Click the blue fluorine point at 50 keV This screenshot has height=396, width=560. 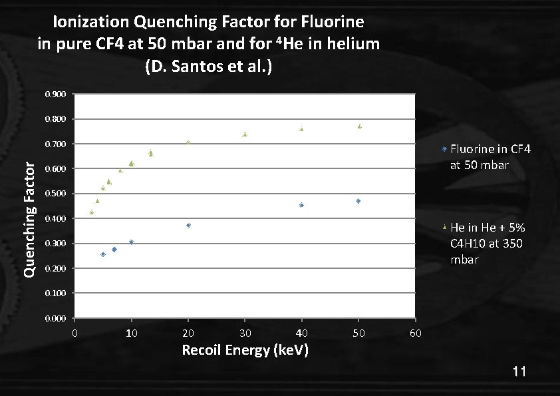coord(358,201)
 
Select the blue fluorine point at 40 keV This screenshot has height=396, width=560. coord(301,206)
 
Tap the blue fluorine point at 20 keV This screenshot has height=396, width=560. coord(188,226)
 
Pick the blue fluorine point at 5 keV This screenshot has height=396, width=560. coord(103,254)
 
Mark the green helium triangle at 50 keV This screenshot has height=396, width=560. coord(359,126)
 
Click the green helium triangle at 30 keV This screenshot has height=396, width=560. coord(245,134)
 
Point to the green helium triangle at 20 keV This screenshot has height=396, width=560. coord(188,142)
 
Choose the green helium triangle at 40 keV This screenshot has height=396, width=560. coord(301,129)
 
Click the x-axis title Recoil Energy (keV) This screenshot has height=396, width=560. coord(245,350)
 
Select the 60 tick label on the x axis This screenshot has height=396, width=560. coord(415,333)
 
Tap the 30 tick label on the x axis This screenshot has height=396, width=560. coord(245,333)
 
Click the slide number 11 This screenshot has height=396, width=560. coord(519,371)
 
